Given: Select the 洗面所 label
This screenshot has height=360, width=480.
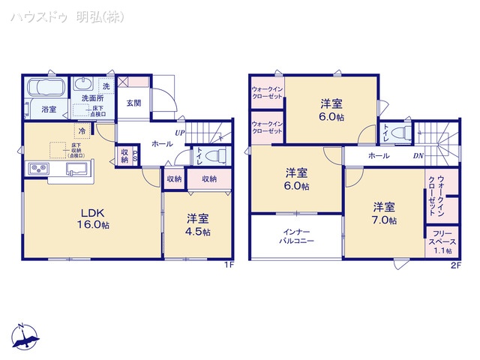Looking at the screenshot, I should [x=92, y=98].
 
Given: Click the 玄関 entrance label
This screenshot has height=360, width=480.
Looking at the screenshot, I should [x=133, y=103].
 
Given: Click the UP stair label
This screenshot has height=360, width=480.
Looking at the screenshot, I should [x=180, y=133].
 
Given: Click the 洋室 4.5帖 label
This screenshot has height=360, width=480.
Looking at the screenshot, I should [x=198, y=225].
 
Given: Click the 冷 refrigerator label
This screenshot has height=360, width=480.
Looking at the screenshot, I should [x=82, y=131].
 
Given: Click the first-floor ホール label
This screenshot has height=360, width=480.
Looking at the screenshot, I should [x=161, y=142].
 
